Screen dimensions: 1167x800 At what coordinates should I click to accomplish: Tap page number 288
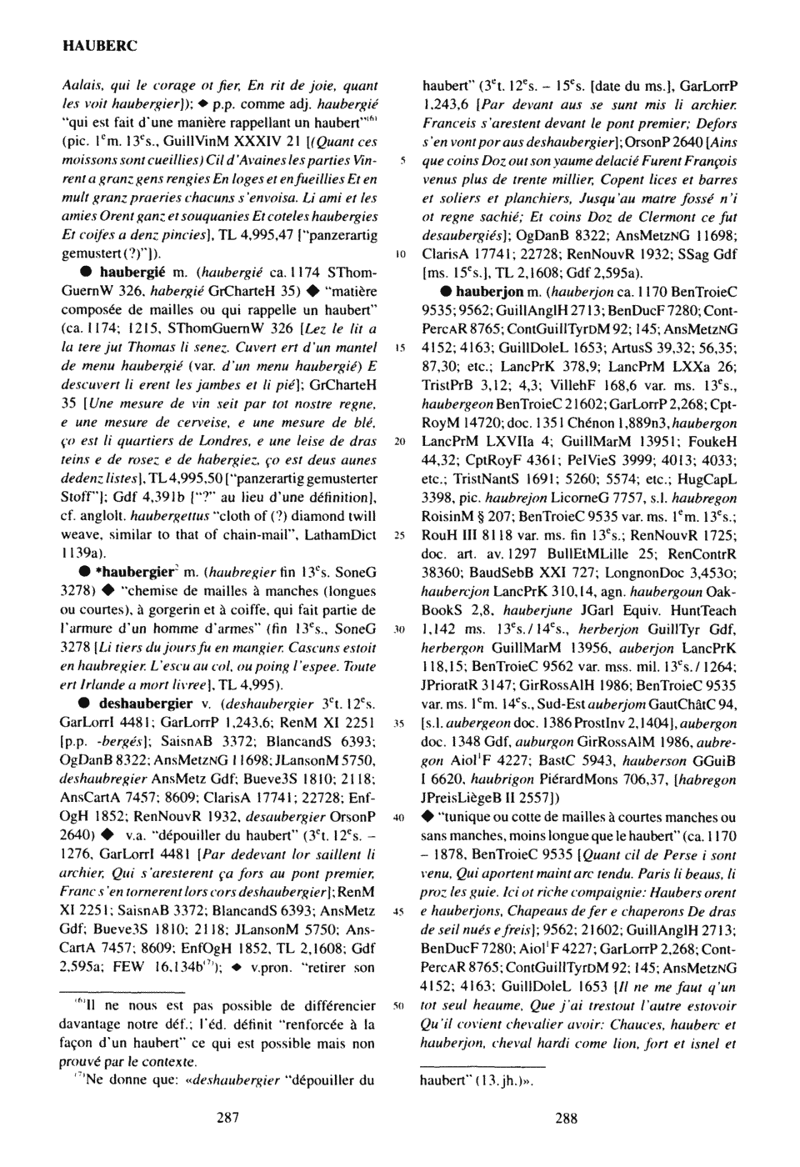[x=566, y=1119]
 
